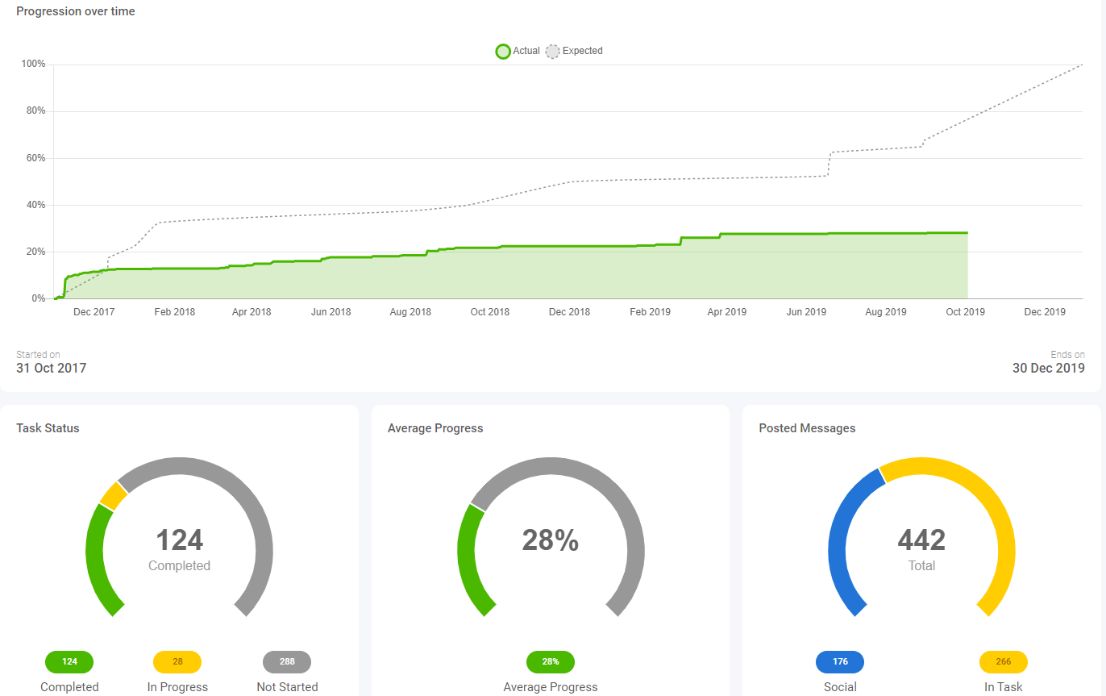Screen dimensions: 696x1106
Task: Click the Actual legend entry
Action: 518,51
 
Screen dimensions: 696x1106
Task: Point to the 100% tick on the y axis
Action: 33,64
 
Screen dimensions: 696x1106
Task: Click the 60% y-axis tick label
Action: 35,158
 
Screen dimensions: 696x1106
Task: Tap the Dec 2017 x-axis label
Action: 94,312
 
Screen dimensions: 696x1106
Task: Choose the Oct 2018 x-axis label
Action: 490,312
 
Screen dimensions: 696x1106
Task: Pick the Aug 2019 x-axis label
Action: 886,312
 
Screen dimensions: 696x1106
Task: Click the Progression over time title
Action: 76,11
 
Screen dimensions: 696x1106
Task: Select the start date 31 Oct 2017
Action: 52,368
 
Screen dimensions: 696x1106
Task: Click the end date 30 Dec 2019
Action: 1049,368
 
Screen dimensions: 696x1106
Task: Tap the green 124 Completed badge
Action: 69,662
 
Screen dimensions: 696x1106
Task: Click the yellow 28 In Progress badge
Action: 177,662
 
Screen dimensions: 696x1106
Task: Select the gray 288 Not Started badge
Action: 287,662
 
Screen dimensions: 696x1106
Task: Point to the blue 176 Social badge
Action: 840,662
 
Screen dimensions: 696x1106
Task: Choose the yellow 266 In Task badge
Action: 1004,662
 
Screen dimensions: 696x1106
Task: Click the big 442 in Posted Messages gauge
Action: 921,540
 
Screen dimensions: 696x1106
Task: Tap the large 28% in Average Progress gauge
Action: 551,540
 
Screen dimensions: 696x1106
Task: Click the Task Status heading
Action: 48,428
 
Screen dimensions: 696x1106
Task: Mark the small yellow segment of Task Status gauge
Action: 114,496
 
